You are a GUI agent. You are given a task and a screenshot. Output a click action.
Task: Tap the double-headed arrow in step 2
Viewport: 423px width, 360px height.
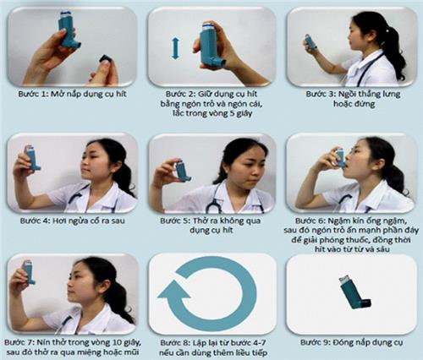click(175, 47)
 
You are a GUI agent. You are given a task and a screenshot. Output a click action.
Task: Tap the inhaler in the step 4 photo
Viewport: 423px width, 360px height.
click(33, 156)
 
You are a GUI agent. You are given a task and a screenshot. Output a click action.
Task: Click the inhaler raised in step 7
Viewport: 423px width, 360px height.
click(28, 271)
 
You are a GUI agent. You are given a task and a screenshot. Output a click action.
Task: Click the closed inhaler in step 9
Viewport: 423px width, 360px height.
click(354, 291)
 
